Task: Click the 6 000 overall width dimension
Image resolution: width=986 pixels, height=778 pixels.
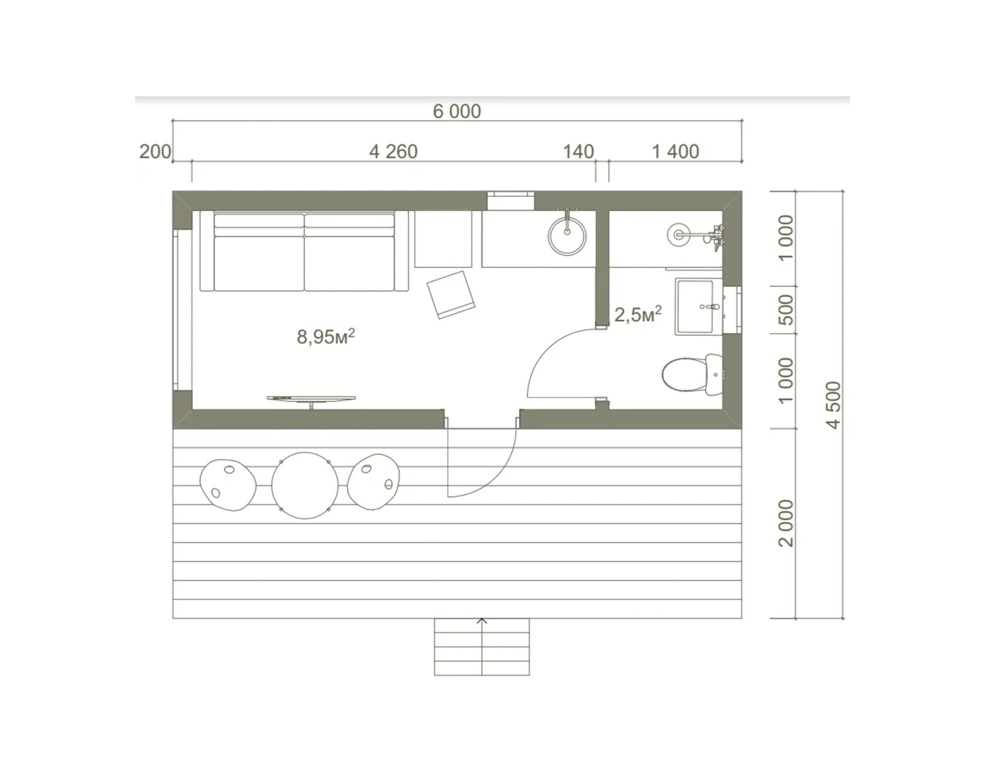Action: coord(457,111)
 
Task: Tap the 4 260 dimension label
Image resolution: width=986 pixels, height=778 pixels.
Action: coord(393,151)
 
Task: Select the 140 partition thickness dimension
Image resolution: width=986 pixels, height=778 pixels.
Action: coord(578,151)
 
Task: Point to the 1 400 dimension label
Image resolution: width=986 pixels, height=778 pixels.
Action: coord(675,151)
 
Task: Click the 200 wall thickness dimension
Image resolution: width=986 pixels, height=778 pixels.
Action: coord(155,151)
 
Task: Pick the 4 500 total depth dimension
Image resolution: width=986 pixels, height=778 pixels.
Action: coord(833,405)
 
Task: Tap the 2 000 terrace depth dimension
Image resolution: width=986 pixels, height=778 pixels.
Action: coord(786,523)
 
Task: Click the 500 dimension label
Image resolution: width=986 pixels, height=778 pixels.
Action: coord(786,310)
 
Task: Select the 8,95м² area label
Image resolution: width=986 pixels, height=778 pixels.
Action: coord(326,336)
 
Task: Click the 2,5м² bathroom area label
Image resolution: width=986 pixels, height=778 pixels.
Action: coord(638,314)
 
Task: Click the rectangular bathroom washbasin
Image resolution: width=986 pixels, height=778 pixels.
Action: coord(699,307)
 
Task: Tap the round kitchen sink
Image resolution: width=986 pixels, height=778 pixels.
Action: coord(567,236)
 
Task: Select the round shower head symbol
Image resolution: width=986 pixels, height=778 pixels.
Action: coord(678,235)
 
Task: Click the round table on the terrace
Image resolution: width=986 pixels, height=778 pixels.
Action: coord(305,486)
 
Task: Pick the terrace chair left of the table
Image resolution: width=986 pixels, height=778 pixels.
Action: coord(228,485)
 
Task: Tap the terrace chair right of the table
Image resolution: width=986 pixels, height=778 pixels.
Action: coord(373,482)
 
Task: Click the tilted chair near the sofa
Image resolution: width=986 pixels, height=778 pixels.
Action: coord(451,295)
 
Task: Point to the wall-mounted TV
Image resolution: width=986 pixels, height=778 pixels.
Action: coord(311,400)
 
